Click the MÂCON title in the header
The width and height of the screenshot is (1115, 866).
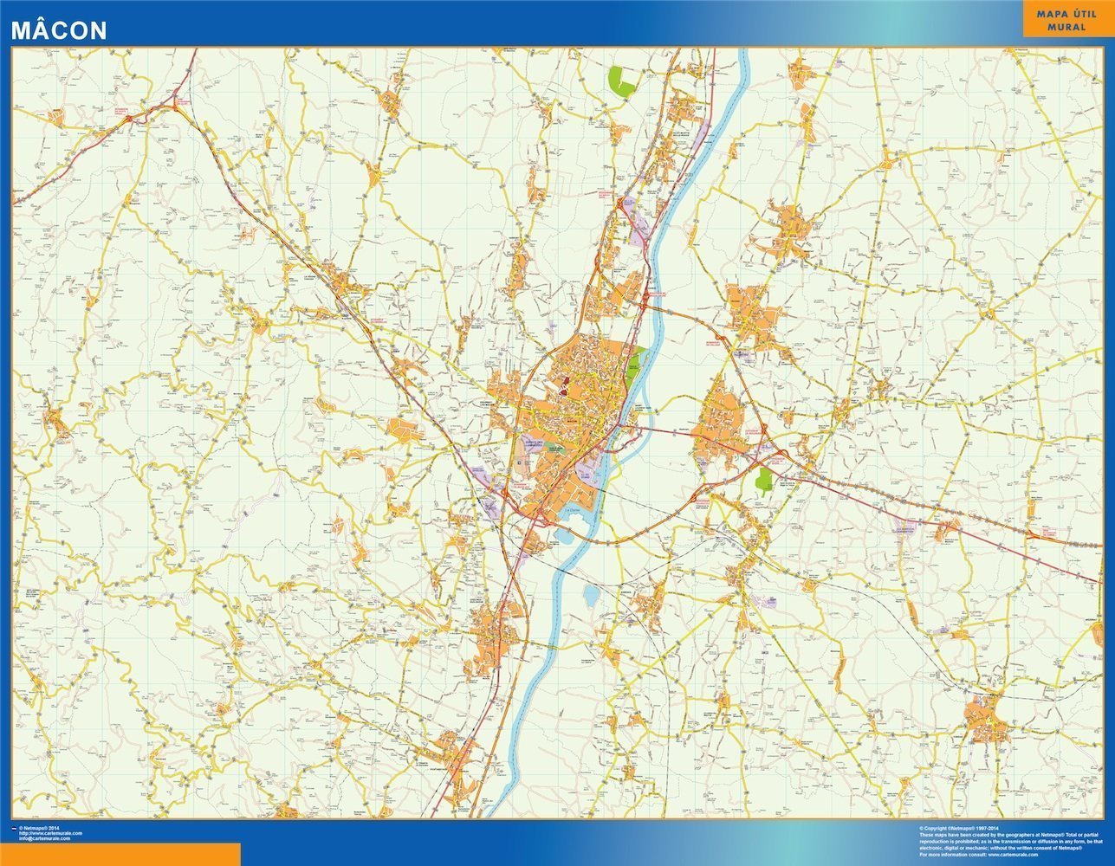coord(59,30)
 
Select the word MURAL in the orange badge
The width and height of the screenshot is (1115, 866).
coord(1066,27)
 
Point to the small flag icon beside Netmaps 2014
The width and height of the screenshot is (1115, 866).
coord(14,829)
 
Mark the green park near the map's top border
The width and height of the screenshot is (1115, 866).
coord(622,81)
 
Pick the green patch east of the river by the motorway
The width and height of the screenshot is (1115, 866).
coord(764,481)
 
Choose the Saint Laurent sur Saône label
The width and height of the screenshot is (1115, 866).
coord(643,410)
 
